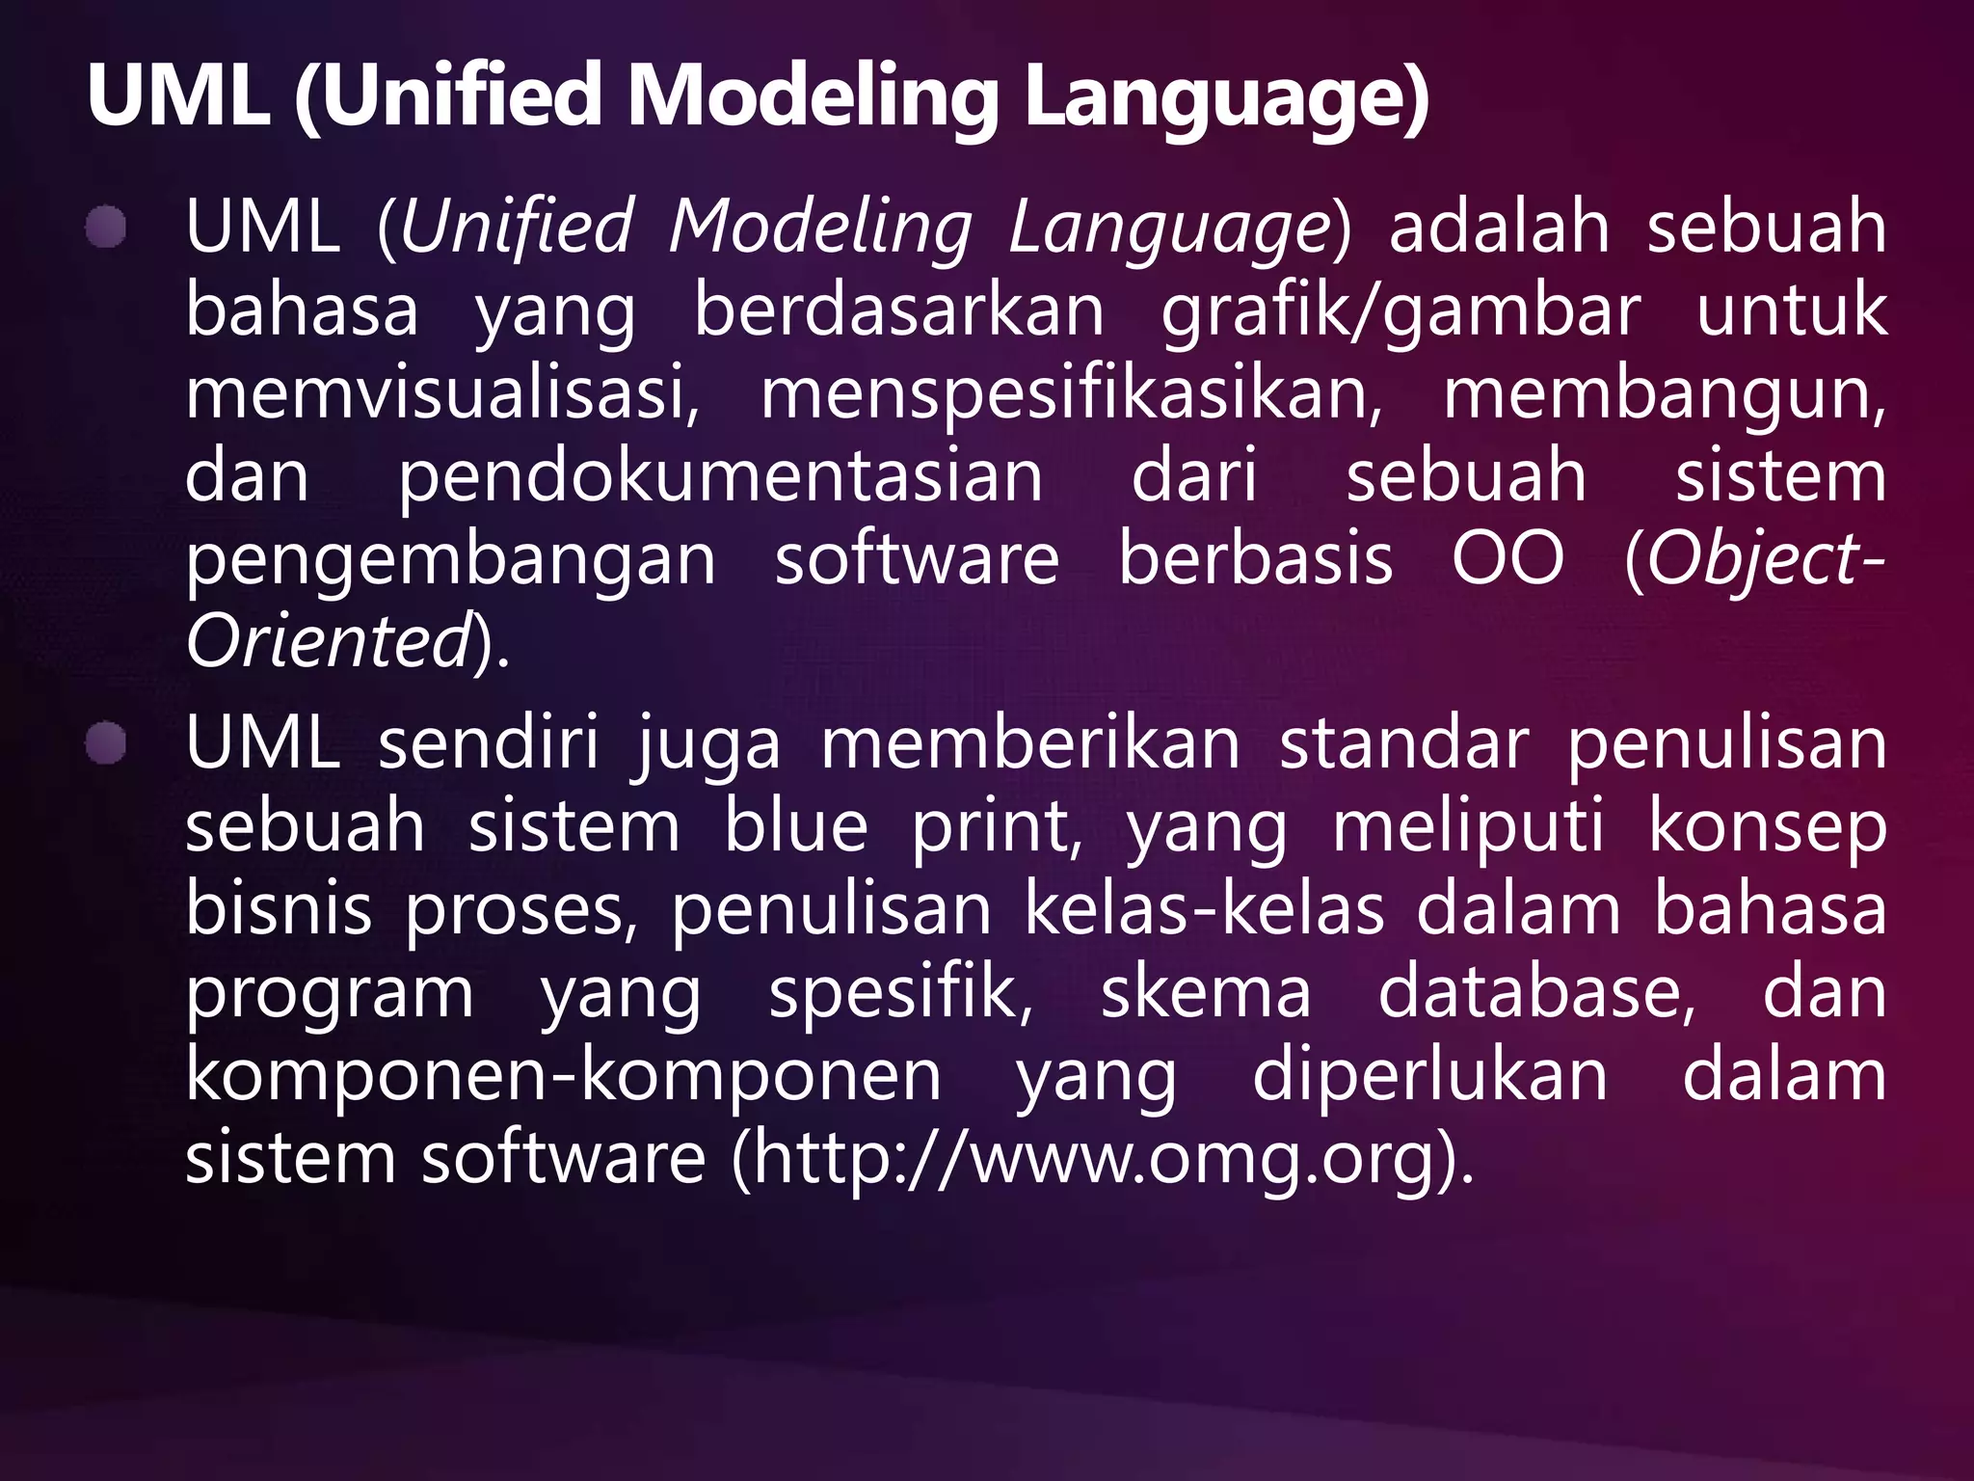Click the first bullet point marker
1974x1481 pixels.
point(105,229)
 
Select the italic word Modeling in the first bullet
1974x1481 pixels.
point(820,229)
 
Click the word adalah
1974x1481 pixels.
point(1500,229)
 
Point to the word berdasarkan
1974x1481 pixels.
point(899,310)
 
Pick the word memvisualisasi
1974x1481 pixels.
point(442,394)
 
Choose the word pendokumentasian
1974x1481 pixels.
point(721,477)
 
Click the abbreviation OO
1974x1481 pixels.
point(1508,559)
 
